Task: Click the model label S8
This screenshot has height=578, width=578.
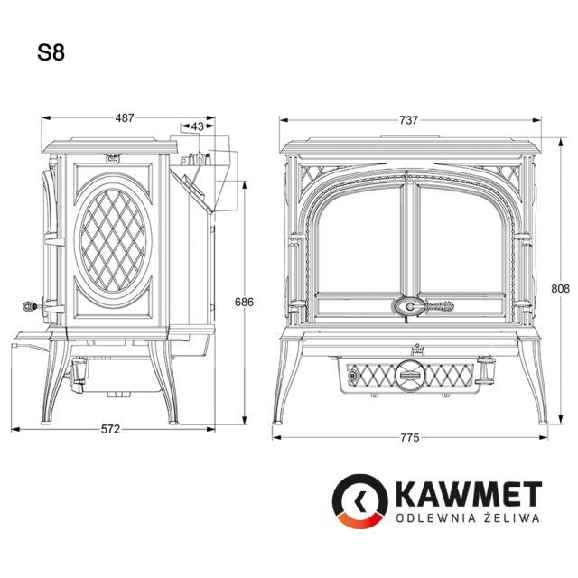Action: pyautogui.click(x=51, y=52)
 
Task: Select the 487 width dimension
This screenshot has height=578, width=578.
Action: pyautogui.click(x=125, y=118)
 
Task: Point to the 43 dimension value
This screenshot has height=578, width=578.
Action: pyautogui.click(x=198, y=126)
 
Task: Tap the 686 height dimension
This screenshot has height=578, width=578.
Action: pyautogui.click(x=244, y=302)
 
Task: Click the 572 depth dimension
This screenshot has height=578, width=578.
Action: pyautogui.click(x=110, y=429)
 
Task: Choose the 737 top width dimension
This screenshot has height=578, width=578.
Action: pyautogui.click(x=408, y=120)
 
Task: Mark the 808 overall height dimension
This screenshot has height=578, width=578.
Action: pyautogui.click(x=560, y=288)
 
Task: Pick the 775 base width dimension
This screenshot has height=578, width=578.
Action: pyautogui.click(x=409, y=437)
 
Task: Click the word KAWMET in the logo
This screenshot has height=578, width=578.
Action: pyautogui.click(x=470, y=494)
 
